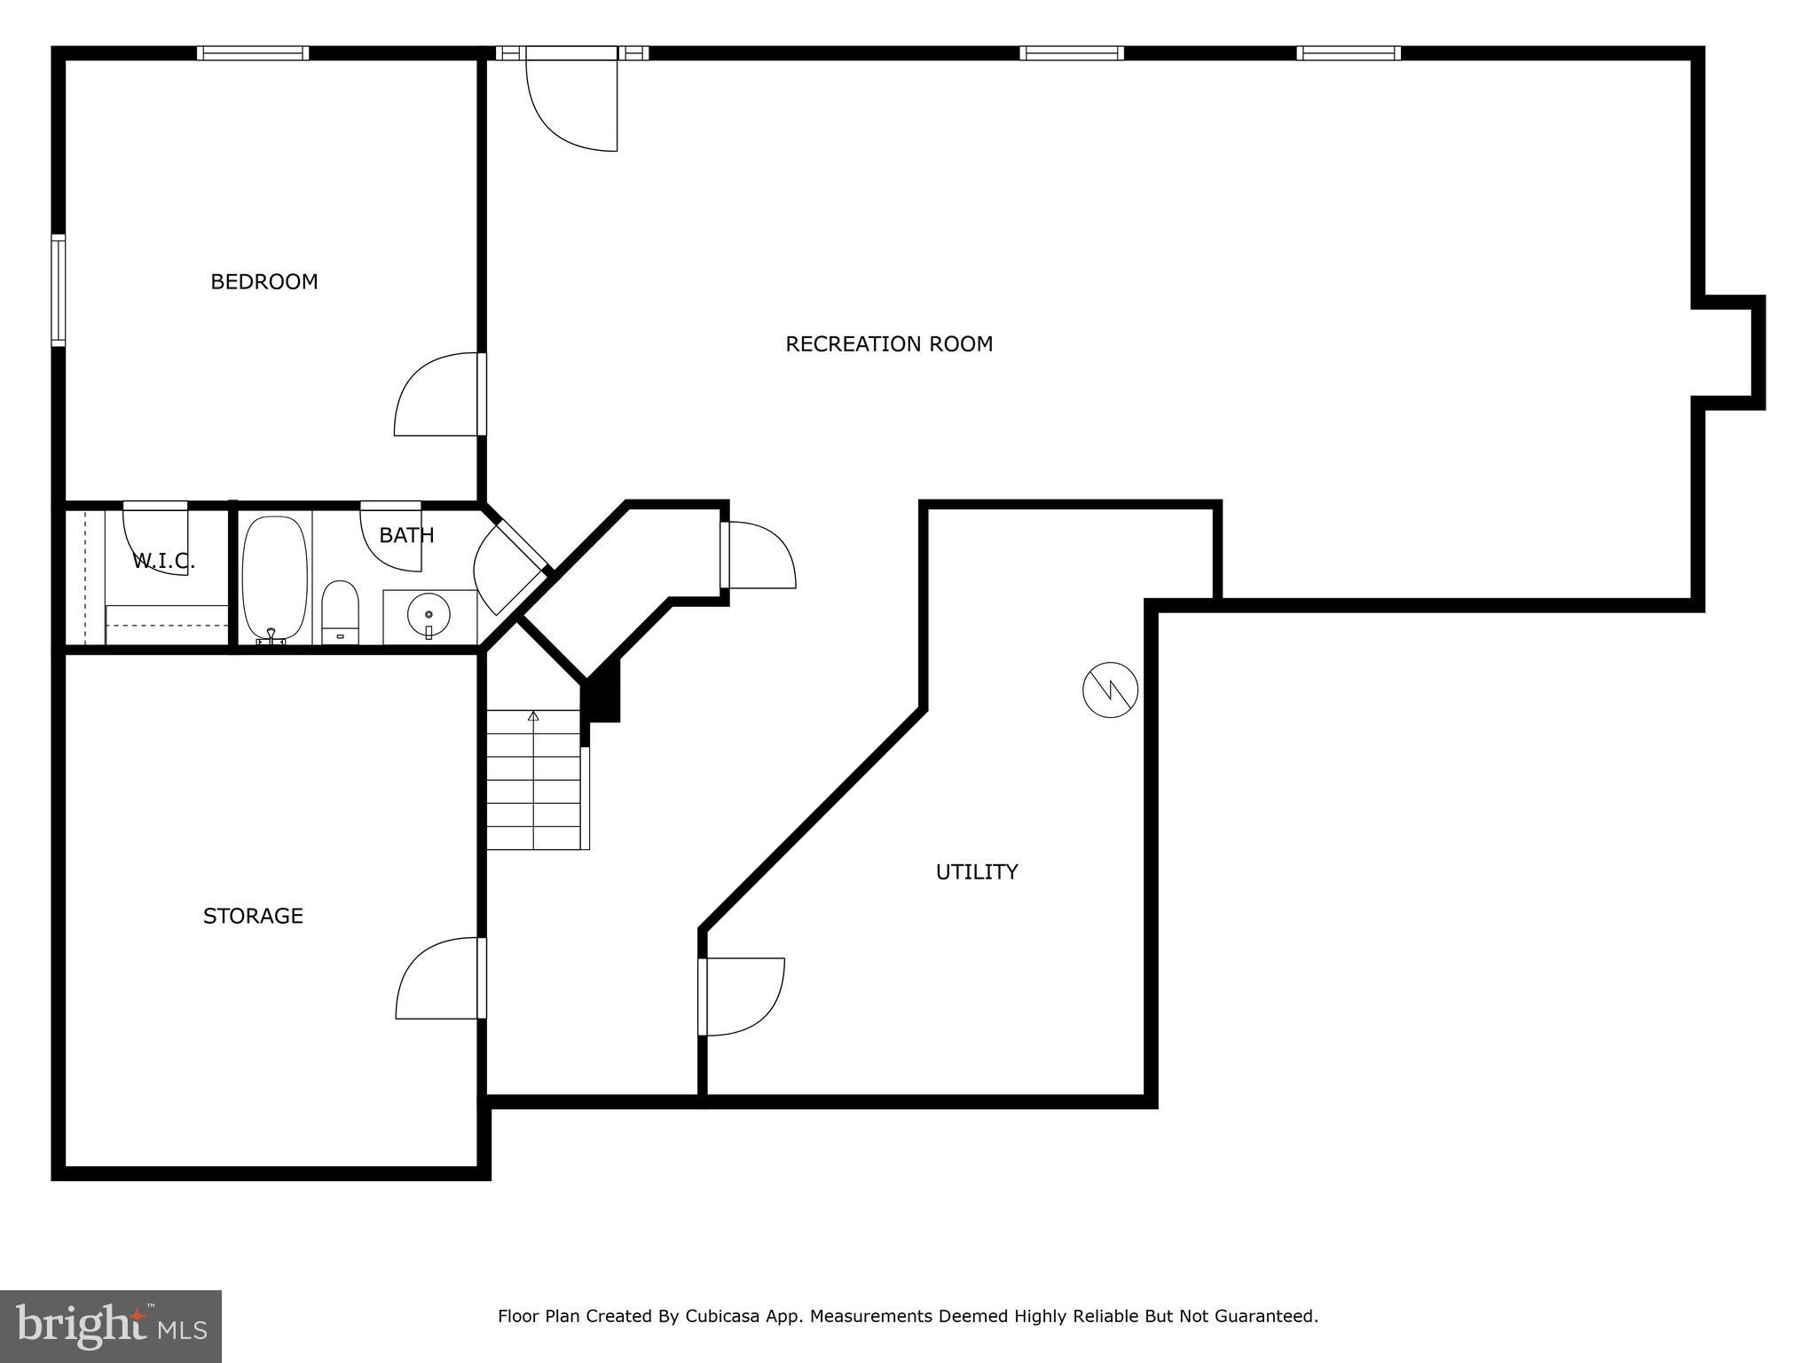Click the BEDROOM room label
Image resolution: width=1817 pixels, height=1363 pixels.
coord(264,282)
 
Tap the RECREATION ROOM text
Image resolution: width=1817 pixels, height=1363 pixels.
coord(888,344)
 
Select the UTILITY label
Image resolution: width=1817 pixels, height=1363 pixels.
coord(976,872)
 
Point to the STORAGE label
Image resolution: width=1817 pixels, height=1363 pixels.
coord(253,916)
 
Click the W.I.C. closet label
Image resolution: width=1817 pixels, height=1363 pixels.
coord(163,561)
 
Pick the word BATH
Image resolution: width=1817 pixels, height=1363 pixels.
coord(406,535)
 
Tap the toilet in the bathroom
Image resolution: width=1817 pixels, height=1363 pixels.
coord(339,611)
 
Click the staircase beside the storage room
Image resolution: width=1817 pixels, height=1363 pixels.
coord(534,780)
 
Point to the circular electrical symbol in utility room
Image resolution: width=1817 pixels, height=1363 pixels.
coord(1110,689)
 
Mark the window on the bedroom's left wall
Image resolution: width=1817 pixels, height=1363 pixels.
coord(59,289)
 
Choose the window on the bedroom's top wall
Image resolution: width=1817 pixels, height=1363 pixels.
coord(253,53)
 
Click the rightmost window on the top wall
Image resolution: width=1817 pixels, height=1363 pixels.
coord(1349,53)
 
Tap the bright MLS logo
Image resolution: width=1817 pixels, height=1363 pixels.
coord(110,1326)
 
